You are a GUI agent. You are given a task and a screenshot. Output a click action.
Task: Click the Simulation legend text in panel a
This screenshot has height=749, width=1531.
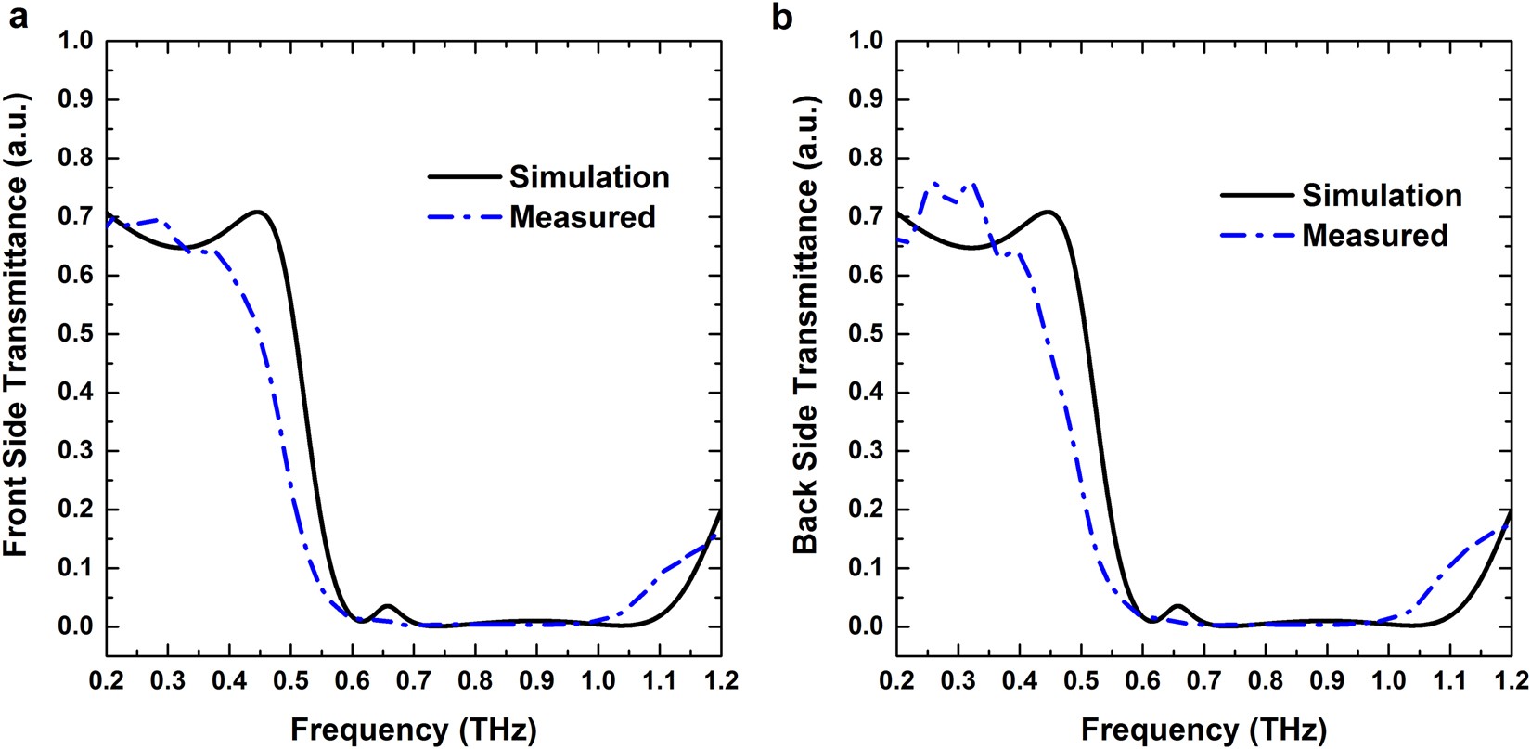(x=589, y=177)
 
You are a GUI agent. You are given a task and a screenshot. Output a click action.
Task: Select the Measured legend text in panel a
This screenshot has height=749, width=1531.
(x=582, y=217)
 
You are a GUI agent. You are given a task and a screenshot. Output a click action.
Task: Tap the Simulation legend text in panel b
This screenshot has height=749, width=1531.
(x=1382, y=196)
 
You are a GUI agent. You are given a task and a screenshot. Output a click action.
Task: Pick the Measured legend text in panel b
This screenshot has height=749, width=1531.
(x=1374, y=236)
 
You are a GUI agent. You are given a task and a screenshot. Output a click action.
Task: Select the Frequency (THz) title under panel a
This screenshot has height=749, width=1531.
(x=414, y=729)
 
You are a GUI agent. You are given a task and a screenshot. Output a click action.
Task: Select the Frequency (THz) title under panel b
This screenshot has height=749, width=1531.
(x=1203, y=729)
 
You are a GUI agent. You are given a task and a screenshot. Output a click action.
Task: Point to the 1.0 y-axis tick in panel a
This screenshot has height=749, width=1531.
(x=78, y=42)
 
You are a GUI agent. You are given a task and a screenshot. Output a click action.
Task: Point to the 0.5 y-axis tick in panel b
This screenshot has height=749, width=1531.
(x=868, y=334)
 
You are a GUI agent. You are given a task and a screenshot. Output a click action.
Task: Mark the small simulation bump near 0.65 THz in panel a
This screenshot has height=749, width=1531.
(x=387, y=606)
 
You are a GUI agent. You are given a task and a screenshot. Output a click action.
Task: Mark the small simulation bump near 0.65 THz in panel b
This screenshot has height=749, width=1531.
(x=1177, y=606)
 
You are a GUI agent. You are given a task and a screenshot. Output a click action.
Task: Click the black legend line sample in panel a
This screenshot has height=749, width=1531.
(x=463, y=176)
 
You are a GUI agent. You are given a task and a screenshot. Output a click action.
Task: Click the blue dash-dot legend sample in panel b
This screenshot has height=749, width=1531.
(x=1255, y=236)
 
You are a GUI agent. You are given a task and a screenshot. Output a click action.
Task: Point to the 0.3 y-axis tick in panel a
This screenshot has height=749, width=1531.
(x=78, y=451)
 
